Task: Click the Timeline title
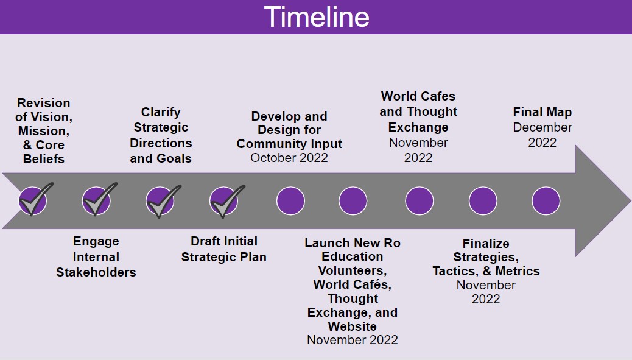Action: click(317, 17)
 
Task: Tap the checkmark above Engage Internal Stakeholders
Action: click(99, 199)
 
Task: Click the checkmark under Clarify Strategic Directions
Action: click(163, 201)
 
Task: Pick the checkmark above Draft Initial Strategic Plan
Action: click(226, 201)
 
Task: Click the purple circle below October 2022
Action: click(290, 201)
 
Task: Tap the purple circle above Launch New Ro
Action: click(353, 201)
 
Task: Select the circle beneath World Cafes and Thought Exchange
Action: click(419, 201)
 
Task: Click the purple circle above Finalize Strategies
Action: click(483, 201)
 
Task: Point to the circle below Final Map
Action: click(546, 201)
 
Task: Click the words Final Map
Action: click(542, 111)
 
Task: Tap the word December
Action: click(542, 127)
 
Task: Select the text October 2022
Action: click(289, 158)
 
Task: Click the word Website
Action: click(353, 326)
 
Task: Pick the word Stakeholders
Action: click(96, 272)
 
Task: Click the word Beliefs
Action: click(43, 159)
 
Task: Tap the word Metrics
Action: click(518, 271)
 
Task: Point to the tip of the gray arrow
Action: click(630, 200)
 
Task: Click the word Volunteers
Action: click(353, 270)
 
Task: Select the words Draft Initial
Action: click(223, 241)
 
